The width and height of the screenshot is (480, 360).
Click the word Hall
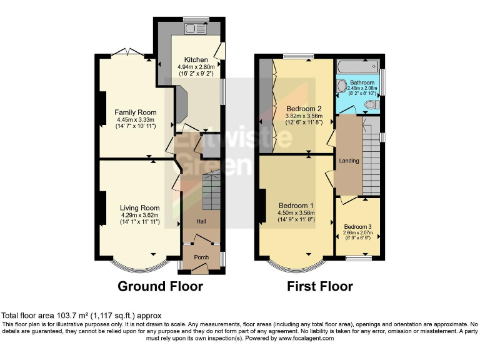click(201, 222)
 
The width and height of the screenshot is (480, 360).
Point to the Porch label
click(201, 257)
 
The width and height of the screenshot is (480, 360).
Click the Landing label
click(349, 161)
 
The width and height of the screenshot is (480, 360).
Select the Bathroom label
click(362, 82)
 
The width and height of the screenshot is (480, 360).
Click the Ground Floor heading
click(161, 287)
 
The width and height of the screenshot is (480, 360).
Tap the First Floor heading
click(319, 287)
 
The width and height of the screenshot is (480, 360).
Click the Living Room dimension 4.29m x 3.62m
click(141, 215)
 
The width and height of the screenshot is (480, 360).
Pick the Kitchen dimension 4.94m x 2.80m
click(196, 67)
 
